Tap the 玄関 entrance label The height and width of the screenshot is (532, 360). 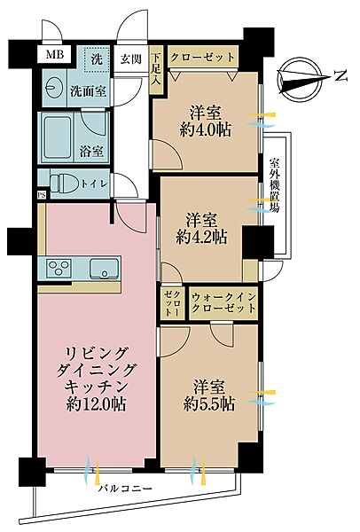coord(132,58)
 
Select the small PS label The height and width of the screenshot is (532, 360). coord(41,195)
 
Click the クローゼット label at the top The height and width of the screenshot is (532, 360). coord(202,57)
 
